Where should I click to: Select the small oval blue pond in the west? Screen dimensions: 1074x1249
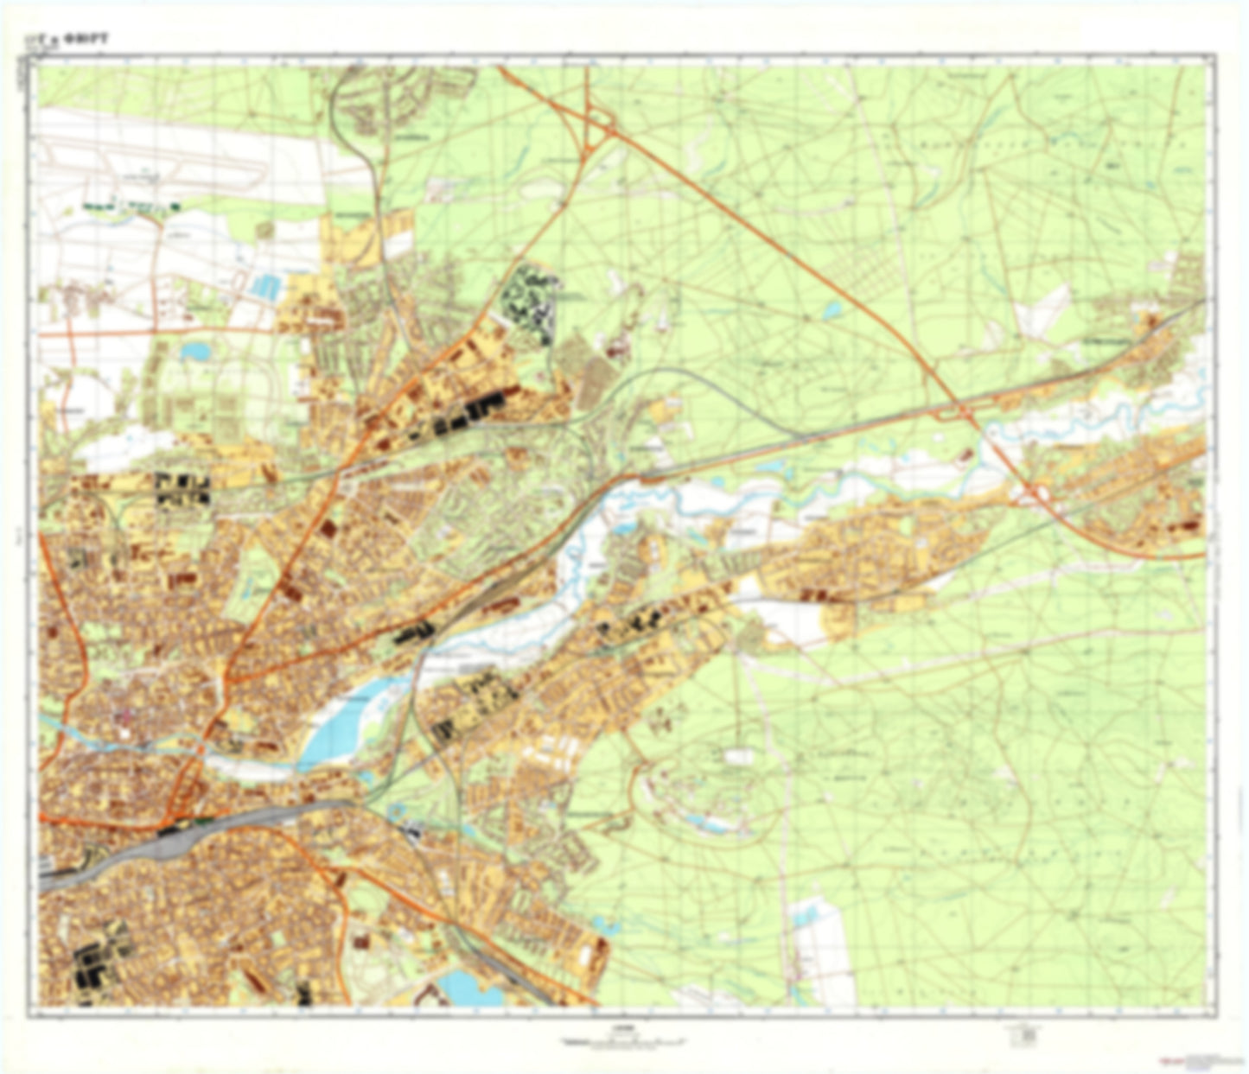point(195,351)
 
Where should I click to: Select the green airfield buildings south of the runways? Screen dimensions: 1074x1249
point(130,206)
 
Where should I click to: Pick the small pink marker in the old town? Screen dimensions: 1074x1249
point(126,715)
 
